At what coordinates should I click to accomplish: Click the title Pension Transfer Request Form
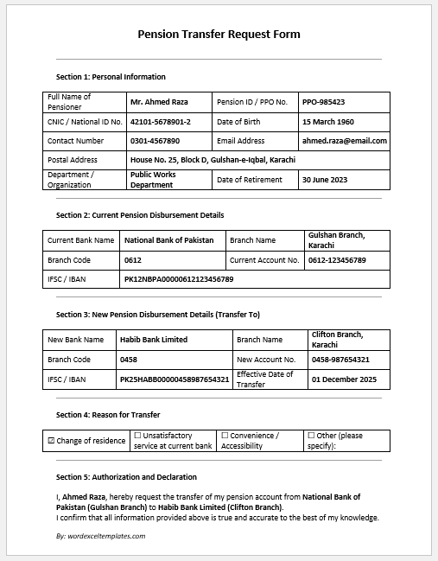[x=219, y=35]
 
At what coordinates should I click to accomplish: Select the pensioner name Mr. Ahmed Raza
[x=158, y=102]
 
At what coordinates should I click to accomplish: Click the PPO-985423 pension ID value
[x=324, y=102]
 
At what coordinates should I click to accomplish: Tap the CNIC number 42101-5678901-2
[x=160, y=122]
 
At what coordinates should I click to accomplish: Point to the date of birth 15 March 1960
[x=327, y=122]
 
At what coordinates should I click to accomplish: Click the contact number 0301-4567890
[x=155, y=141]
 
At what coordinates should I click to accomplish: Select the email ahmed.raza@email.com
[x=344, y=141]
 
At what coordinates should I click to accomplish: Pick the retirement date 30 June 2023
[x=326, y=180]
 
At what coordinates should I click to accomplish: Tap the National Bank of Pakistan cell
[x=169, y=240]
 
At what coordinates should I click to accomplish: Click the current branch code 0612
[x=132, y=259]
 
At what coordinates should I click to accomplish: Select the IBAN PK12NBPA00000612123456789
[x=179, y=279]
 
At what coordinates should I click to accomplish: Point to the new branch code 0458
[x=129, y=359]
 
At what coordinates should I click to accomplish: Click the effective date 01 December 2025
[x=344, y=379]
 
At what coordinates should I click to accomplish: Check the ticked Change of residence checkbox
[x=51, y=441]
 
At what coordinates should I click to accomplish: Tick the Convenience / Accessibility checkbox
[x=225, y=436]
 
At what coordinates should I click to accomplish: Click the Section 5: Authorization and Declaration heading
[x=126, y=477]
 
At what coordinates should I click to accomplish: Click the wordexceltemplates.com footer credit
[x=100, y=536]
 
